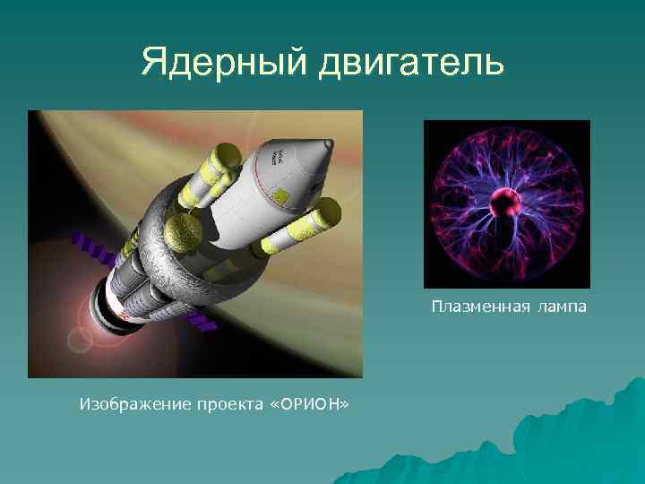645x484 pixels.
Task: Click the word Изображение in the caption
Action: (133, 405)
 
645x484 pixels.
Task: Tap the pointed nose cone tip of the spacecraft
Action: (329, 143)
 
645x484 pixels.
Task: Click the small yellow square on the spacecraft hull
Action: (281, 196)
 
